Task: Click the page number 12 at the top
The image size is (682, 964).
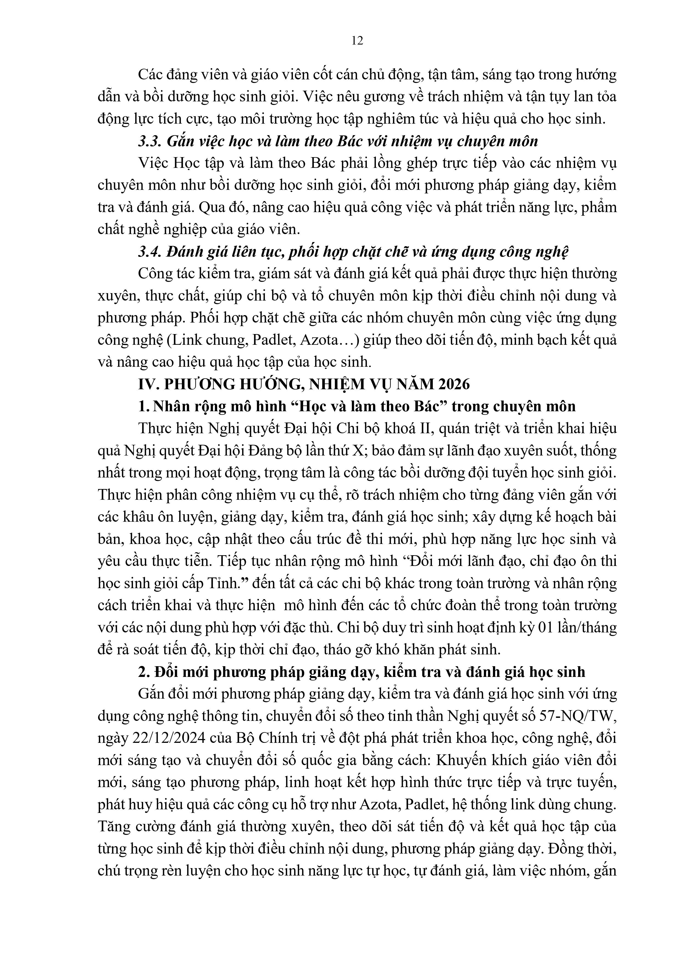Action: tap(357, 41)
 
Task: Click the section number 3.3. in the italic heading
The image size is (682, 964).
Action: tap(149, 141)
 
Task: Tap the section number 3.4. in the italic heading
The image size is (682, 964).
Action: tap(149, 252)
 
